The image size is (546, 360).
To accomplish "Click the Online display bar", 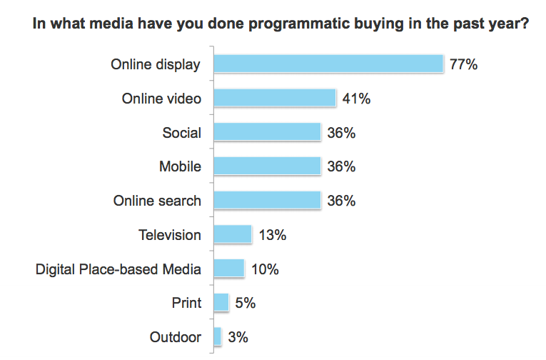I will pyautogui.click(x=328, y=64).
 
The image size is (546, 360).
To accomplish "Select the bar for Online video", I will pyautogui.click(x=275, y=98).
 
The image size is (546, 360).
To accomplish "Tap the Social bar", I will pyautogui.click(x=267, y=132).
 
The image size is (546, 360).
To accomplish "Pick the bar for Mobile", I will pyautogui.click(x=267, y=166).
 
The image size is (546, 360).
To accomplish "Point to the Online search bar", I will pyautogui.click(x=267, y=200).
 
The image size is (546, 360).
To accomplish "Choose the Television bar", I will pyautogui.click(x=233, y=234).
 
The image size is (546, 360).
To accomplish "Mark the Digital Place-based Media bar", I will pyautogui.click(x=229, y=269).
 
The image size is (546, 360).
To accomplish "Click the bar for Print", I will pyautogui.click(x=221, y=302).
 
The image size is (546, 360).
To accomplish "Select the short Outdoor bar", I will pyautogui.click(x=218, y=336).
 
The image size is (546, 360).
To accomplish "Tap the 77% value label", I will pyautogui.click(x=463, y=65).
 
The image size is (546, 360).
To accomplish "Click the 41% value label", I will pyautogui.click(x=356, y=99).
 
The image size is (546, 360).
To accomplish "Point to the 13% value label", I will pyautogui.click(x=272, y=235).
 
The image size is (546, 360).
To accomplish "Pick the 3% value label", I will pyautogui.click(x=238, y=337).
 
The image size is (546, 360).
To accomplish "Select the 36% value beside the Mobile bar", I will pyautogui.click(x=340, y=167).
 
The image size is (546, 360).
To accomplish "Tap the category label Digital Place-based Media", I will pyautogui.click(x=118, y=269).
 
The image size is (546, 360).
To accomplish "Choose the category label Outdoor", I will pyautogui.click(x=176, y=337).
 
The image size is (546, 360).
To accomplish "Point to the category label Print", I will pyautogui.click(x=186, y=303).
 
